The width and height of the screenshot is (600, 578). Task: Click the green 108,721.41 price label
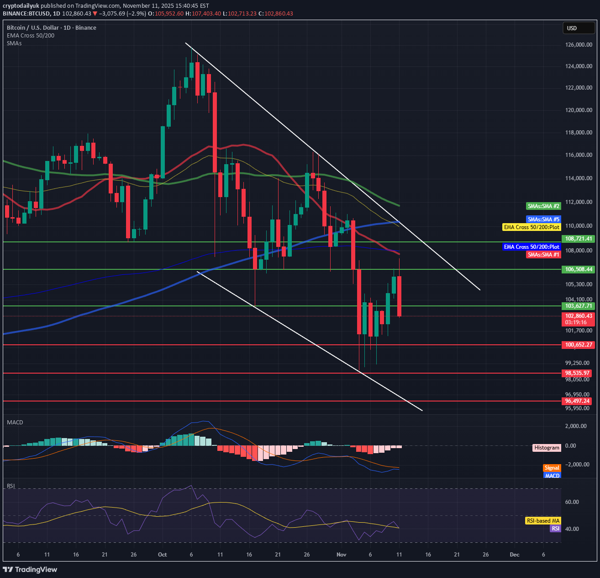point(579,239)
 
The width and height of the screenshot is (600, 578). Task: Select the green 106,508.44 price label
point(579,269)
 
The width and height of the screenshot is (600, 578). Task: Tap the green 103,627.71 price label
point(579,306)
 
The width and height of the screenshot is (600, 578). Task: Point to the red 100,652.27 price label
point(579,345)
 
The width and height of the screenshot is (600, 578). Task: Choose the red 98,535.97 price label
point(579,373)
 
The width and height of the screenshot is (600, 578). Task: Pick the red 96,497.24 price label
point(579,401)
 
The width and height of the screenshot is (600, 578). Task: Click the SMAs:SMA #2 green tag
point(543,206)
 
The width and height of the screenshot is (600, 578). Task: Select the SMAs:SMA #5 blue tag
point(543,219)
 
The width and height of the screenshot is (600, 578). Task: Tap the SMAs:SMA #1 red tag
point(543,255)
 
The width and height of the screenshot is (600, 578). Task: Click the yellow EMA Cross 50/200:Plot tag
point(532,227)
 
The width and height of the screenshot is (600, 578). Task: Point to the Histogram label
point(547,448)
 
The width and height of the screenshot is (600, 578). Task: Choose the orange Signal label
point(552,468)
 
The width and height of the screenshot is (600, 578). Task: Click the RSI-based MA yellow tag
point(543,521)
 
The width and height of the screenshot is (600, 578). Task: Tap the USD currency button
point(572,28)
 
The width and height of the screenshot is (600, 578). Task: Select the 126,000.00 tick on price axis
point(579,45)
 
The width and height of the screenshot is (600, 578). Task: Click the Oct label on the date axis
point(162,555)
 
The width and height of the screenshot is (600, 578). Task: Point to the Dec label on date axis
point(515,555)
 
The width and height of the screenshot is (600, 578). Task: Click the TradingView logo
point(30,569)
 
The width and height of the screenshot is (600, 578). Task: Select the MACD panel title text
point(15,423)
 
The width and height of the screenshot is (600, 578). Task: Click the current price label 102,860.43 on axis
point(579,316)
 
